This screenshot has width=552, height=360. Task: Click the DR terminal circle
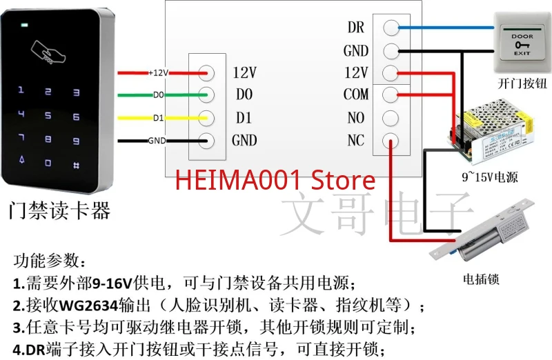[x=391, y=28]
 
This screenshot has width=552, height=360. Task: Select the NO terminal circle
[x=391, y=118]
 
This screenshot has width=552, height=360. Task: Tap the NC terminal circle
[x=391, y=141]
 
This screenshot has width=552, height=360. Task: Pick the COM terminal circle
[x=391, y=95]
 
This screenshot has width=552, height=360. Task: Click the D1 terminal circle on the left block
[x=206, y=118]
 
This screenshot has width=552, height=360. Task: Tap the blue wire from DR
[x=448, y=28]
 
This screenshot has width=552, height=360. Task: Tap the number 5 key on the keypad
[x=48, y=116]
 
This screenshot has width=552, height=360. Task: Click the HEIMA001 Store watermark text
[x=275, y=181]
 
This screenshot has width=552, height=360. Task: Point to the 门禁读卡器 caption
[x=59, y=210]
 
